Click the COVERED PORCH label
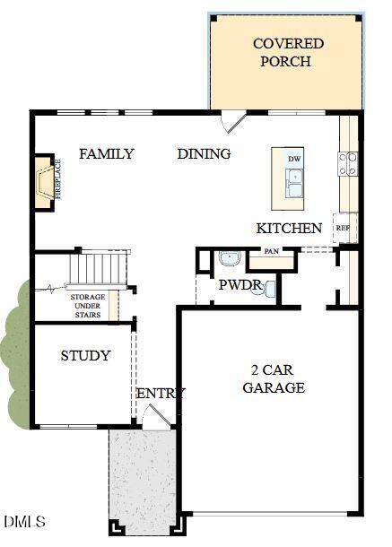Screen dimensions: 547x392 click(288, 53)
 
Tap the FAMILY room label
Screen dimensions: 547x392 click(107, 154)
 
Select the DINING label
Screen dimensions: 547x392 click(204, 154)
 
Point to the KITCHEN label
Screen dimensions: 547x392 click(289, 229)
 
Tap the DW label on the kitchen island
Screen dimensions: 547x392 click(293, 160)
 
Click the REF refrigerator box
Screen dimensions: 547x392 click(343, 228)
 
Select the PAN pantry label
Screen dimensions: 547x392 click(271, 252)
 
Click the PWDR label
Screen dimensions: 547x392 click(240, 285)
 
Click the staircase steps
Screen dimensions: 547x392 click(99, 266)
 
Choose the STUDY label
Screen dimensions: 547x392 click(86, 356)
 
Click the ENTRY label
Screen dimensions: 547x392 click(161, 393)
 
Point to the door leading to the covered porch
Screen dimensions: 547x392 click(233, 121)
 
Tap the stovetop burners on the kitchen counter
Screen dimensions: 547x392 click(347, 163)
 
